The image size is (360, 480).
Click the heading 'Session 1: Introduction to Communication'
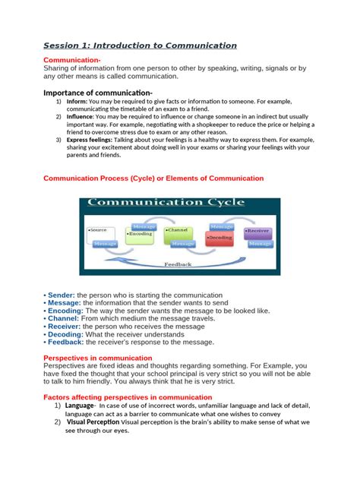click(140, 46)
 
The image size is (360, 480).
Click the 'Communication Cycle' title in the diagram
click(166, 203)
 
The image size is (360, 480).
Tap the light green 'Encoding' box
click(141, 235)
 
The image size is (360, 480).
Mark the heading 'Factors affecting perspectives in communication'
click(128, 396)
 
